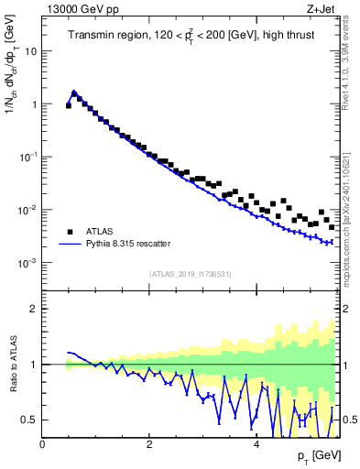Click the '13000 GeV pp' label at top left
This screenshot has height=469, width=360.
[x=77, y=8]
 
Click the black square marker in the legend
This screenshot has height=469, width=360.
[x=69, y=232]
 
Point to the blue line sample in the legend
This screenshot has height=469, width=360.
[x=69, y=245]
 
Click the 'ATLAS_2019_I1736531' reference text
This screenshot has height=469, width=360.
[x=191, y=274]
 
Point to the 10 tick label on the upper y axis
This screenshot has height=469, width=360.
[x=30, y=51]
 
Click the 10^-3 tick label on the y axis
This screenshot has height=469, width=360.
[x=27, y=263]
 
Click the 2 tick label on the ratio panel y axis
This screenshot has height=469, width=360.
[x=33, y=310]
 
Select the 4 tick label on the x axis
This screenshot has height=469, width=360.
[x=256, y=444]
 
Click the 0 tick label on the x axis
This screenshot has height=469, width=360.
[x=42, y=444]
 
